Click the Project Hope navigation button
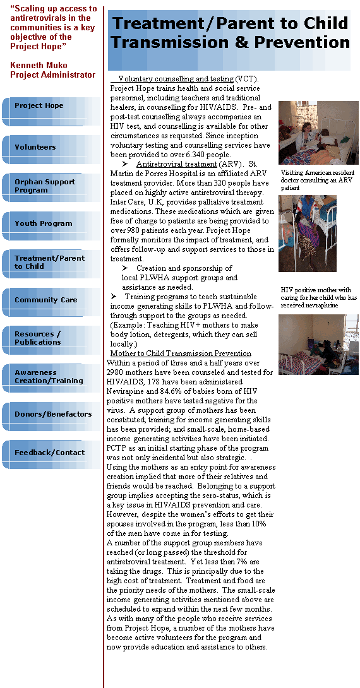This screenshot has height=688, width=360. pos(51,112)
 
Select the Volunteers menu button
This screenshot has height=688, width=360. pos(51,150)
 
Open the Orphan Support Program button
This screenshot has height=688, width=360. pos(51,188)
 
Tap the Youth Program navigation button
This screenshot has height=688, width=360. pos(51,226)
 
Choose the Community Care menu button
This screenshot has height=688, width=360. pos(51,302)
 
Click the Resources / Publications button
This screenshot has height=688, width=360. pos(51,340)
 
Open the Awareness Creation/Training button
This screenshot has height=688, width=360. pos(51,379)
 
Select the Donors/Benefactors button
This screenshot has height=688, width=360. pos(51,417)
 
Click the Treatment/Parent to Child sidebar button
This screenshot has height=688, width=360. pos(51,264)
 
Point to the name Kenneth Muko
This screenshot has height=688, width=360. pos(39,66)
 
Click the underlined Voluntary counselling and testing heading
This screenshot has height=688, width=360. pos(176,79)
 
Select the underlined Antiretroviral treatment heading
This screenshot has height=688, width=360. pos(176,164)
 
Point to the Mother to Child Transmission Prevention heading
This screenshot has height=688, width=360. pos(181,353)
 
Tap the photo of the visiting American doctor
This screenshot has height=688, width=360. pos(318,133)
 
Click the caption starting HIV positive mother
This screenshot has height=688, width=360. pos(319,297)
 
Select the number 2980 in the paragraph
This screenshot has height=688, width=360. pos(116,372)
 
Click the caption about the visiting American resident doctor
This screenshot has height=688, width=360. pos(318,181)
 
